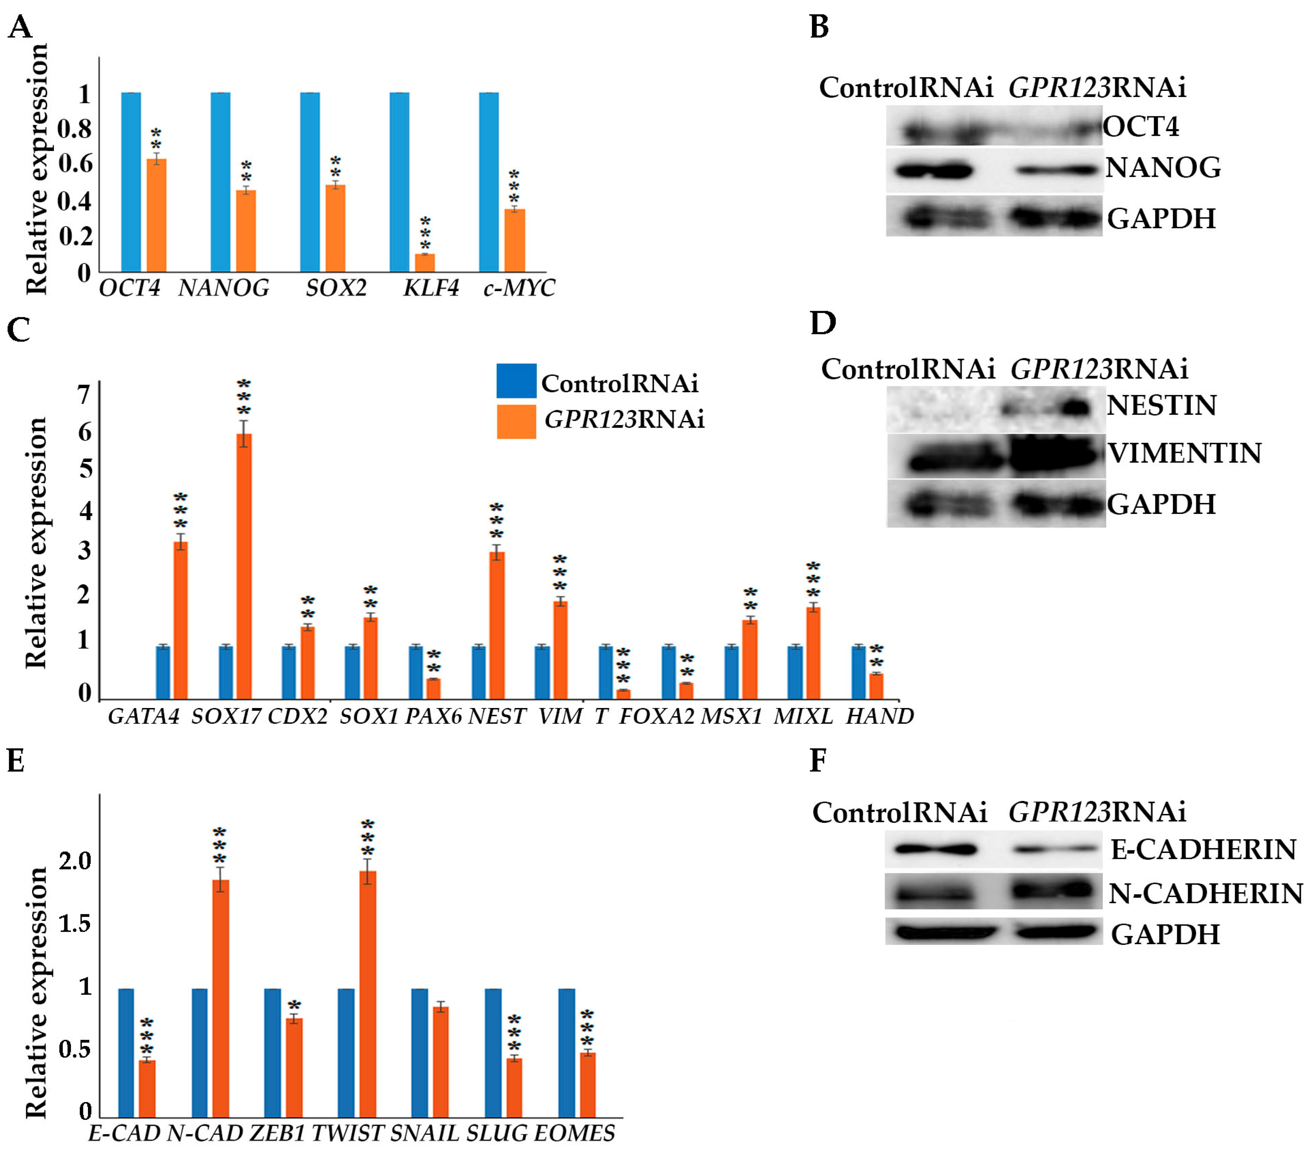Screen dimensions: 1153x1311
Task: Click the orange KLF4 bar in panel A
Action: [424, 263]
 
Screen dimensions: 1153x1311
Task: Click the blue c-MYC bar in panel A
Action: [489, 183]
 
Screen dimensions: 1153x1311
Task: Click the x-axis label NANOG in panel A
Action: [224, 289]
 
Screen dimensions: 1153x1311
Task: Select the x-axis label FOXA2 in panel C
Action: [656, 716]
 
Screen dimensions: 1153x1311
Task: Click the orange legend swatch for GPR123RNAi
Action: [516, 421]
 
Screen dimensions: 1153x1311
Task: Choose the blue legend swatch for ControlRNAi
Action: [516, 381]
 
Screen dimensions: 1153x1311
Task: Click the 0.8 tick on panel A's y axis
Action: [75, 129]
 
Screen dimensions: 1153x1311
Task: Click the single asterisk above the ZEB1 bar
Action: [295, 1005]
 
